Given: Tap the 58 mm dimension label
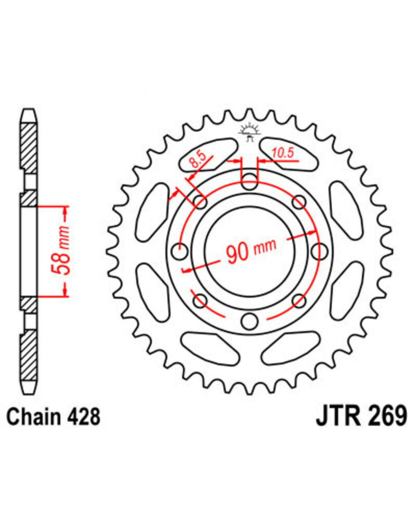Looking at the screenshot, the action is coord(60,251).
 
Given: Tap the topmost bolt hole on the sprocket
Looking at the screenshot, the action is coord(250,181).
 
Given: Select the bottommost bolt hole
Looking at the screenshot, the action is coord(250,321).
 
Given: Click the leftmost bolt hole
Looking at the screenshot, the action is coord(179,252).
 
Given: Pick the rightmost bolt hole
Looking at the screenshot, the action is coord(320,251).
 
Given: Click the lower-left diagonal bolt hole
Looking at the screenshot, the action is coord(200,301).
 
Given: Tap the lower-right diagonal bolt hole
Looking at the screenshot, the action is coord(299,301).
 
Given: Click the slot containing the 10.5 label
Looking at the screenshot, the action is coord(288,154).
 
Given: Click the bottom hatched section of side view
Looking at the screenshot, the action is coord(28,355).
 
